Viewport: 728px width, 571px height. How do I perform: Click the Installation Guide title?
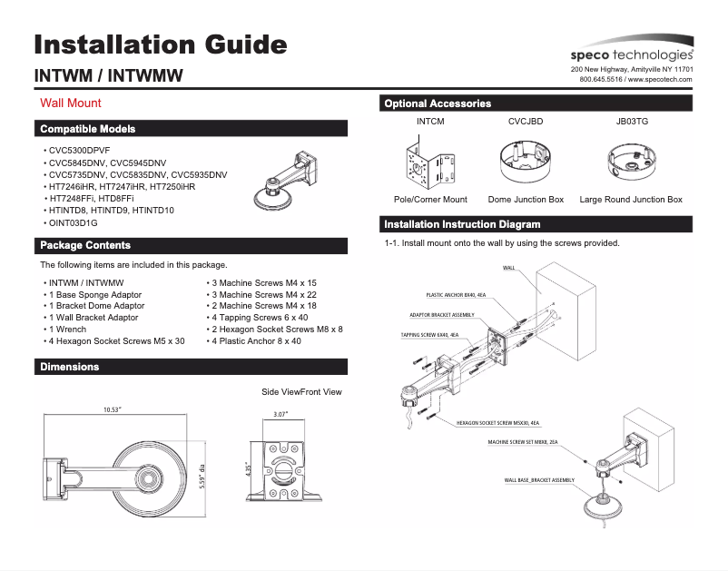click(x=160, y=44)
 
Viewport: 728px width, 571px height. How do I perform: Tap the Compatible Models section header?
click(x=87, y=129)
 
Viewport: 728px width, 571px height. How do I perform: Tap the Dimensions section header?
click(x=70, y=367)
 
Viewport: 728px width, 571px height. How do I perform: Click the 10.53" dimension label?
click(x=113, y=410)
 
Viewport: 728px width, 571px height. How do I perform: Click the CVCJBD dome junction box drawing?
click(x=526, y=164)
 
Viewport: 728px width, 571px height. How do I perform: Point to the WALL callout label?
click(x=509, y=268)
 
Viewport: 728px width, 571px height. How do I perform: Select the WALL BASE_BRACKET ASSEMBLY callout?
click(x=539, y=479)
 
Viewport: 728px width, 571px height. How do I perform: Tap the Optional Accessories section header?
click(x=438, y=103)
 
